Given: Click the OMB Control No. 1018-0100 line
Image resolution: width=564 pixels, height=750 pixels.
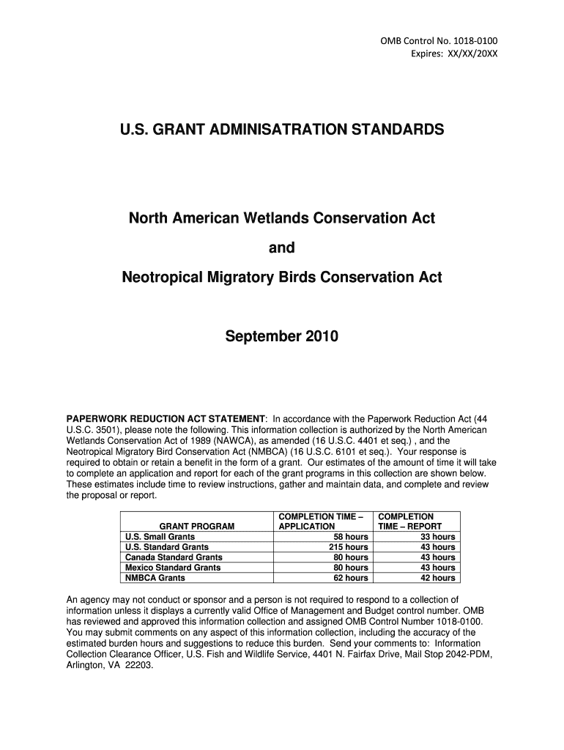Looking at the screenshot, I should pyautogui.click(x=438, y=40).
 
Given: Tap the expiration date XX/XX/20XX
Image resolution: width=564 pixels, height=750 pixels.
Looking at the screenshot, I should pyautogui.click(x=468, y=53).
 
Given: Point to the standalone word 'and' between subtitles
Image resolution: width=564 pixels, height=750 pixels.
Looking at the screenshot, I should pyautogui.click(x=282, y=248).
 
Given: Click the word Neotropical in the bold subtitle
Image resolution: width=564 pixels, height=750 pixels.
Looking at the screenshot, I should pyautogui.click(x=164, y=278).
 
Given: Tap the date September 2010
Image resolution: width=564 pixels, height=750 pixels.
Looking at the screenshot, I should pyautogui.click(x=282, y=338).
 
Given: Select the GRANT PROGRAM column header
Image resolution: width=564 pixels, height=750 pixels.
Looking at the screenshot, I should pyautogui.click(x=197, y=527).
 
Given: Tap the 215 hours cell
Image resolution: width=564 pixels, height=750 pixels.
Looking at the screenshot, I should pyautogui.click(x=348, y=547).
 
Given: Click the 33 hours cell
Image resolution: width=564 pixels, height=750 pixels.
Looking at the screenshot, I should pyautogui.click(x=437, y=537).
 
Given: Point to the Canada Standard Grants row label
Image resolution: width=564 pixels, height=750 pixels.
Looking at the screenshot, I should pyautogui.click(x=174, y=557).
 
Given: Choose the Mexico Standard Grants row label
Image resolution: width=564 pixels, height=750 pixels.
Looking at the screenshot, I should pyautogui.click(x=173, y=568).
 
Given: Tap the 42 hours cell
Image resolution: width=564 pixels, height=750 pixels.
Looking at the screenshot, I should pyautogui.click(x=437, y=578).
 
